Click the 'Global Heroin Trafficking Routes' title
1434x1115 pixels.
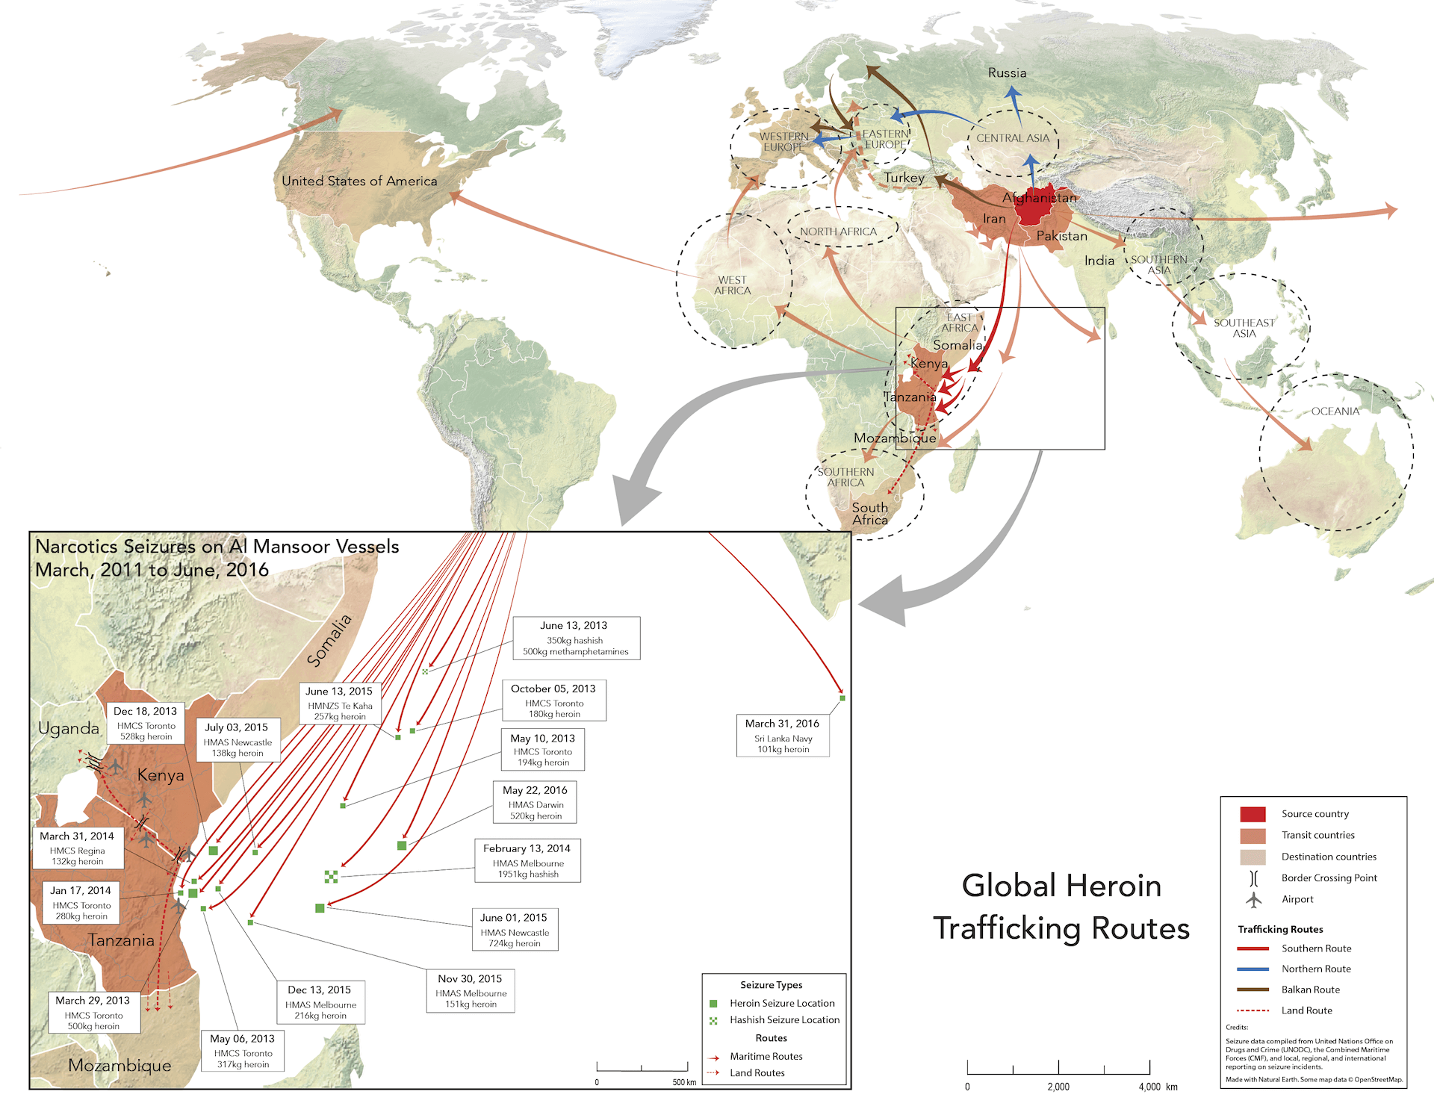1061,907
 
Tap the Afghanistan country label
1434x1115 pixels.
1039,198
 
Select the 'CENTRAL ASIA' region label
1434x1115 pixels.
1013,138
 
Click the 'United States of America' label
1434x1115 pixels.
359,181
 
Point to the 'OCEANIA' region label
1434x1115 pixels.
1335,411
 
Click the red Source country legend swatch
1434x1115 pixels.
1253,814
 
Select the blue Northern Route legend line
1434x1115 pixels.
1253,969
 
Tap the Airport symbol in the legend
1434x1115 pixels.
1254,900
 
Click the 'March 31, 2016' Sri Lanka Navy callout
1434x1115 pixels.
783,736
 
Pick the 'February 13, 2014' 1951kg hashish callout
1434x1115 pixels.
527,860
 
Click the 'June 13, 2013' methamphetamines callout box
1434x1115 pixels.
576,639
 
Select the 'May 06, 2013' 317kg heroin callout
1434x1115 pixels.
243,1051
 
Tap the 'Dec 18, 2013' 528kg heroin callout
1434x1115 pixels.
146,723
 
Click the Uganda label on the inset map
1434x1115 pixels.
69,728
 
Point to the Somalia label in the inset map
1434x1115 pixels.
329,640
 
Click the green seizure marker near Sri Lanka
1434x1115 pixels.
842,698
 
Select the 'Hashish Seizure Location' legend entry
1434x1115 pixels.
784,1020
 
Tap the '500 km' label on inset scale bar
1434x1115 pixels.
683,1082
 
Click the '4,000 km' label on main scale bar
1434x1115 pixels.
1158,1087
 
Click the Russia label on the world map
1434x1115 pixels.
1007,73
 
